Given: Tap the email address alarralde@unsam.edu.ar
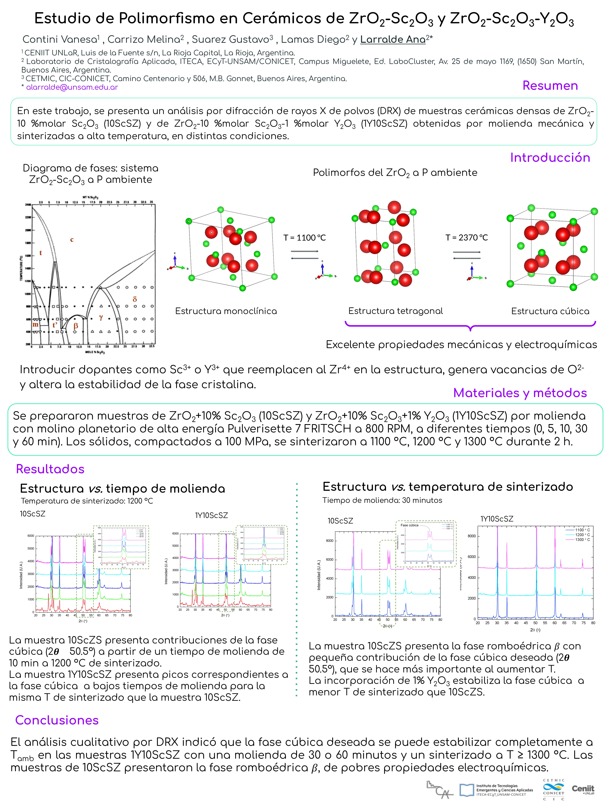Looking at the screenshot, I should (72, 87).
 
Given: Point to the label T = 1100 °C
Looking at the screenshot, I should (304, 238).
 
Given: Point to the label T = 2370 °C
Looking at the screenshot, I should (467, 238).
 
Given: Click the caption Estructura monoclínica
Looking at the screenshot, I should (226, 311).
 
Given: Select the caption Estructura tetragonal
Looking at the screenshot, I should (396, 311).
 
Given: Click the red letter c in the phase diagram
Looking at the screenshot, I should (72, 240).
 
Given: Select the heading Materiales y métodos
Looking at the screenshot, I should (520, 393).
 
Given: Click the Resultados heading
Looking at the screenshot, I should (50, 469).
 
